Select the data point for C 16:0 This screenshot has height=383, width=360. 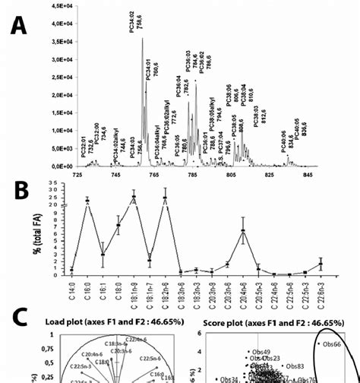point(87,201)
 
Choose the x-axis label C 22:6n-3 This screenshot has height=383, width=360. point(321,293)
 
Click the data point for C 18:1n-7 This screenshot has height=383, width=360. point(150,260)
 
